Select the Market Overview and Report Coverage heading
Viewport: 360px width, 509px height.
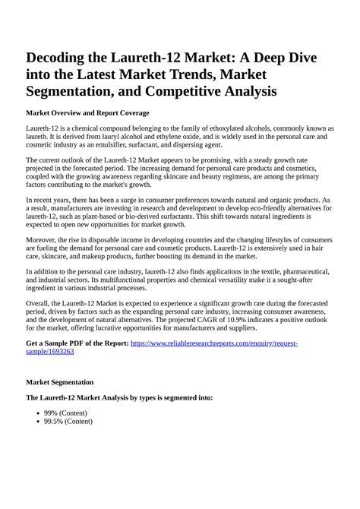point(87,112)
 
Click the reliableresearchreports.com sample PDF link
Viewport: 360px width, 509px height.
point(214,343)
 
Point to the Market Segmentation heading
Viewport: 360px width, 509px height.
point(60,381)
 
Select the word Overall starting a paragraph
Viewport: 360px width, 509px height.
point(39,302)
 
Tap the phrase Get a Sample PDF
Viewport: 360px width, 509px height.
point(61,343)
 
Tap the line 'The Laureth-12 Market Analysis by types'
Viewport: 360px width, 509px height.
point(119,397)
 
